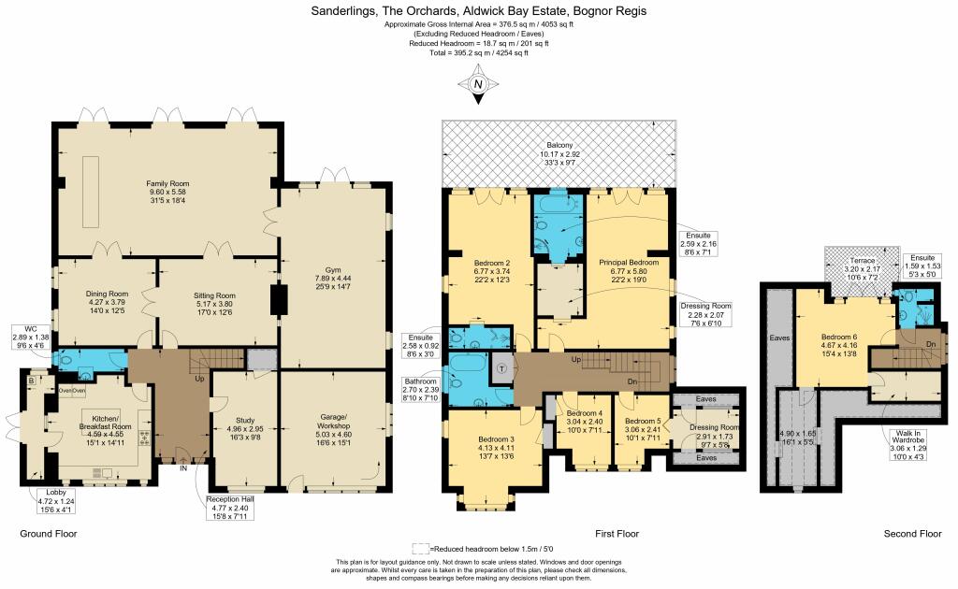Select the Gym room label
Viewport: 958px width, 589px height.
[334, 277]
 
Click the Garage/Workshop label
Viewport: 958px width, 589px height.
[334, 426]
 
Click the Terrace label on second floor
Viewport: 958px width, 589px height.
[849, 266]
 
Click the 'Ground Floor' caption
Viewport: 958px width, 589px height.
[48, 534]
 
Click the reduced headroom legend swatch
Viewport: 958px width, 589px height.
[420, 548]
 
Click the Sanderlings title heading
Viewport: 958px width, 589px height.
[478, 11]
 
